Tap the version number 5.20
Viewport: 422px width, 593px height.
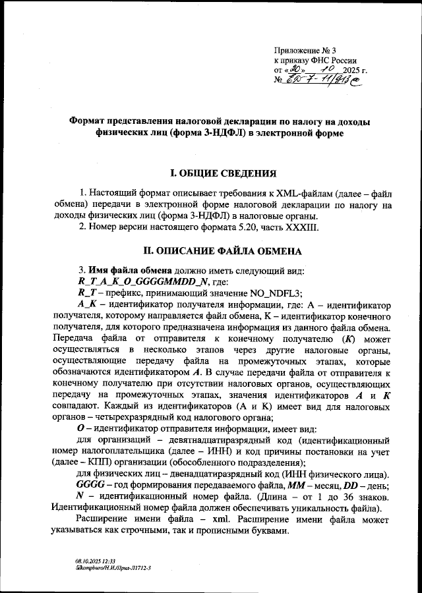click(x=253, y=228)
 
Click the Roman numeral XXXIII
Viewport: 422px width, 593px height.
click(x=300, y=228)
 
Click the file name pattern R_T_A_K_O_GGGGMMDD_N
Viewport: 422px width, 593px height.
click(x=136, y=281)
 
